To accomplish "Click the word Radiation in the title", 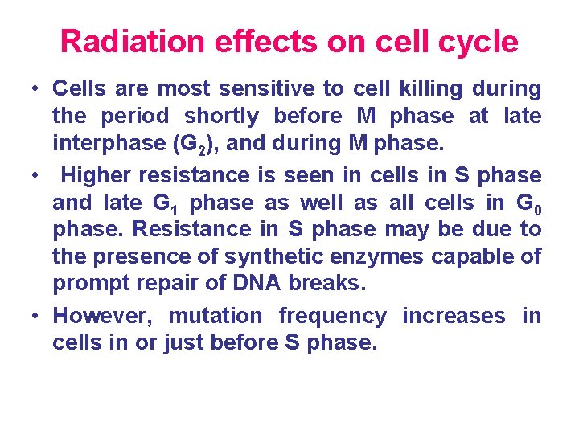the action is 133,41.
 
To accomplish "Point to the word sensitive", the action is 266,88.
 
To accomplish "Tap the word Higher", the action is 96,176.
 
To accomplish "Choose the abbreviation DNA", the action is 257,283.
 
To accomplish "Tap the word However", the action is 102,317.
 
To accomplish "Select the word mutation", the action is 216,317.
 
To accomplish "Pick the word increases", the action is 454,317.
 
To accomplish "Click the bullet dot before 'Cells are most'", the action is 35,88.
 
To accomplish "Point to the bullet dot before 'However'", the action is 35,317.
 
